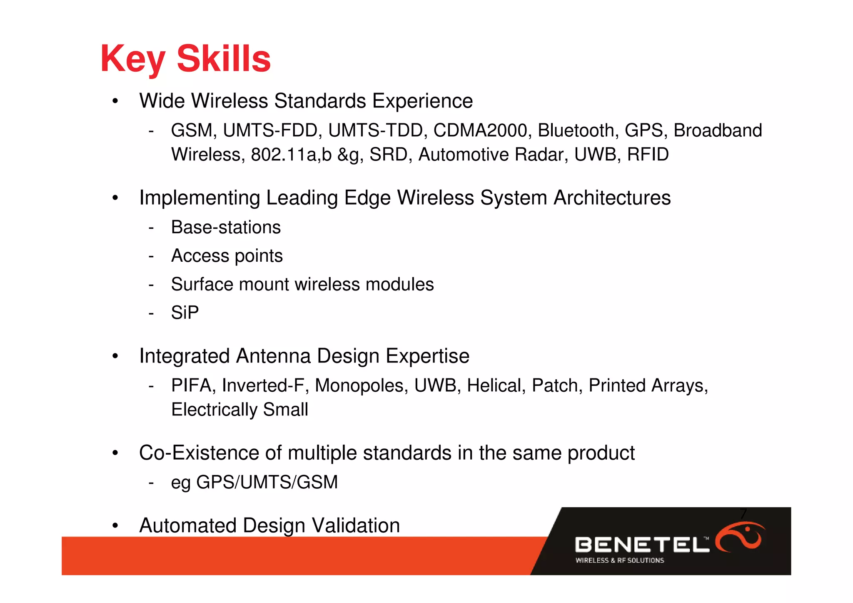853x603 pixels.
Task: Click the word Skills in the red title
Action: (224, 58)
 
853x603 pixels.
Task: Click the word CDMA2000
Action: (480, 130)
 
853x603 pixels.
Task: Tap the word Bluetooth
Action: (576, 130)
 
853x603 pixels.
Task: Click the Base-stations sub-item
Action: (226, 228)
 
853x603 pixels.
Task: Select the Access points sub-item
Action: (227, 256)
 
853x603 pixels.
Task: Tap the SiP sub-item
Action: (185, 313)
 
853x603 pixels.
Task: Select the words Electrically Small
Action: (239, 410)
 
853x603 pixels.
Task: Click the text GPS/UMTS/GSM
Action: (267, 482)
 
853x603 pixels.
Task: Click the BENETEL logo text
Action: (641, 545)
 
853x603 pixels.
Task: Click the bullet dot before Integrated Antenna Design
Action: (115, 356)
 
